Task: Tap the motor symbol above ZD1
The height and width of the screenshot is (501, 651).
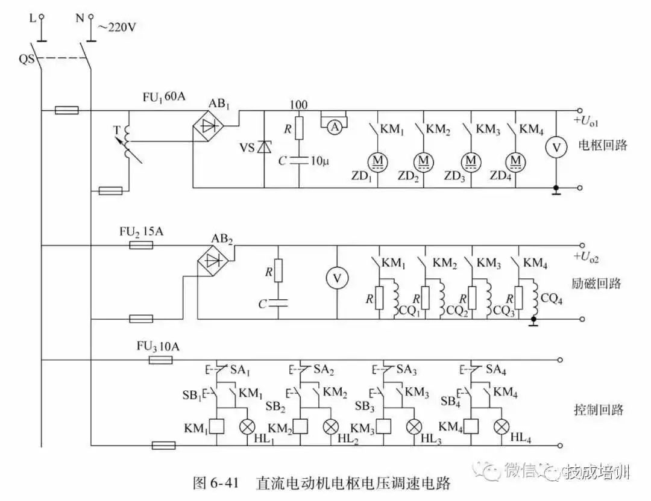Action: coord(379,161)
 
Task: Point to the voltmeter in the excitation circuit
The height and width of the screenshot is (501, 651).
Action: coord(337,278)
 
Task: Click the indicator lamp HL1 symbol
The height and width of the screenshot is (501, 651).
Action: coord(247,426)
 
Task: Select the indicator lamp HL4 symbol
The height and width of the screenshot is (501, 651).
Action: coord(502,426)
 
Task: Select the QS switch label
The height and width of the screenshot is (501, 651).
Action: coord(26,59)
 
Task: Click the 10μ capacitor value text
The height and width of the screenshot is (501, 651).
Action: coord(320,161)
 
